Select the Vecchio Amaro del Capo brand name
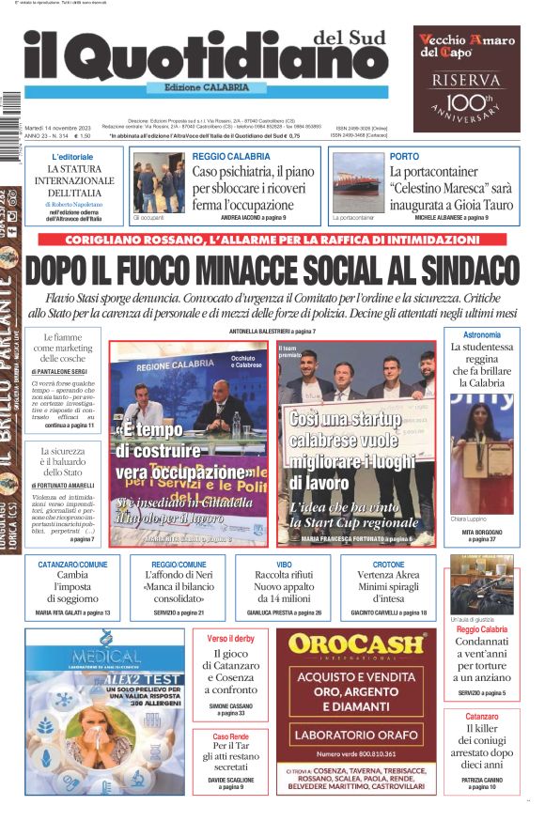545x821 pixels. (466, 46)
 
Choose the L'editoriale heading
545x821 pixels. (72, 156)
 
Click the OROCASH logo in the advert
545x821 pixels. (356, 644)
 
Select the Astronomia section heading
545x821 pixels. (482, 334)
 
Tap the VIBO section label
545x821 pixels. (277, 565)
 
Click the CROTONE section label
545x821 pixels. (388, 565)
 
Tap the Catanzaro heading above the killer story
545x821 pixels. (482, 717)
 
